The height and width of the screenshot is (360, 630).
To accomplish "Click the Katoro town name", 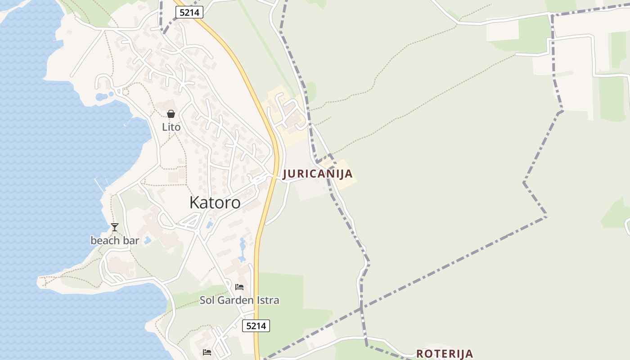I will tap(215, 202).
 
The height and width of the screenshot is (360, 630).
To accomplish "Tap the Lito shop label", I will tap(171, 127).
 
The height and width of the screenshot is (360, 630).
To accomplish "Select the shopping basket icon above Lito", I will tap(171, 114).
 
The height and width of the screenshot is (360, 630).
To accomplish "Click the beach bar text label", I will tap(115, 241).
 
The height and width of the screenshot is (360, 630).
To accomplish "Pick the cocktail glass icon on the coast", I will tap(115, 227).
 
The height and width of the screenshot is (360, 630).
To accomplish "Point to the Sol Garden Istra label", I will tap(239, 300).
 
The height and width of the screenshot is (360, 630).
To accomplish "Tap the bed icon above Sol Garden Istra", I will tap(239, 287).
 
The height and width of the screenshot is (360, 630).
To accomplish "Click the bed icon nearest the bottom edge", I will tap(207, 352).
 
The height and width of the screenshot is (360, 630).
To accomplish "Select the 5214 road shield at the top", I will tap(189, 13).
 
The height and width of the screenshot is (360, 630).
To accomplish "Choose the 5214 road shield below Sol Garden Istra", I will tap(256, 326).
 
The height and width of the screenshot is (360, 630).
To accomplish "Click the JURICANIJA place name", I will tap(317, 174).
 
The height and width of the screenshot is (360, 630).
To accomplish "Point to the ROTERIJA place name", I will tap(445, 354).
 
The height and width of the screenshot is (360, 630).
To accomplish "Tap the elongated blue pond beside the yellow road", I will tap(243, 250).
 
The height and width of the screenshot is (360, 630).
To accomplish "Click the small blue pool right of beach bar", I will tap(148, 240).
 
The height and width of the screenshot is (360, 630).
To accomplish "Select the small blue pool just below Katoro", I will tap(209, 223).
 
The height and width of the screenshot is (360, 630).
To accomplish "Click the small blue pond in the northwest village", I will tap(101, 97).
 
